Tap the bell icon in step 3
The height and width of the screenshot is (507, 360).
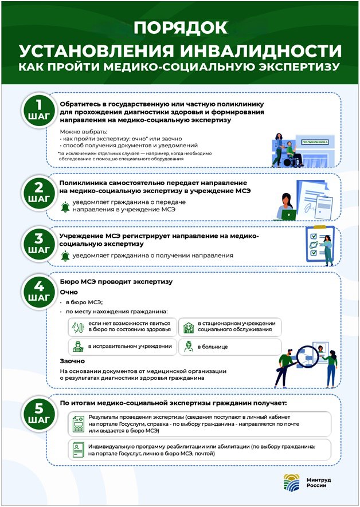65,256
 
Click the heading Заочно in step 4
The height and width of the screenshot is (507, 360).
72,361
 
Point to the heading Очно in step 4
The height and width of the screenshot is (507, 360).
69,292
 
